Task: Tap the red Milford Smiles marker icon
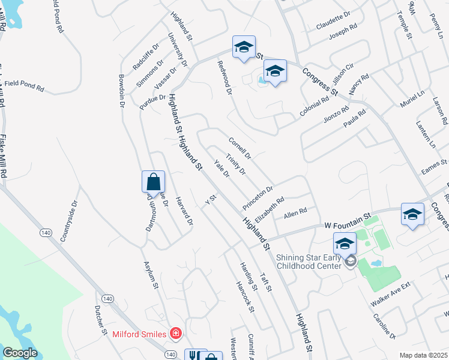pos(176,333)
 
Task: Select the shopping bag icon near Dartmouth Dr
pos(153,182)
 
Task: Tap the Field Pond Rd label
pos(24,85)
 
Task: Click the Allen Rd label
pos(295,211)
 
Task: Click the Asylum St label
pos(150,275)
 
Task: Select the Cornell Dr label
pos(239,148)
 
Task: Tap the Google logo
pos(20,353)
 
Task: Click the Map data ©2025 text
pos(424,355)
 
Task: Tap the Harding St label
pos(249,277)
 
